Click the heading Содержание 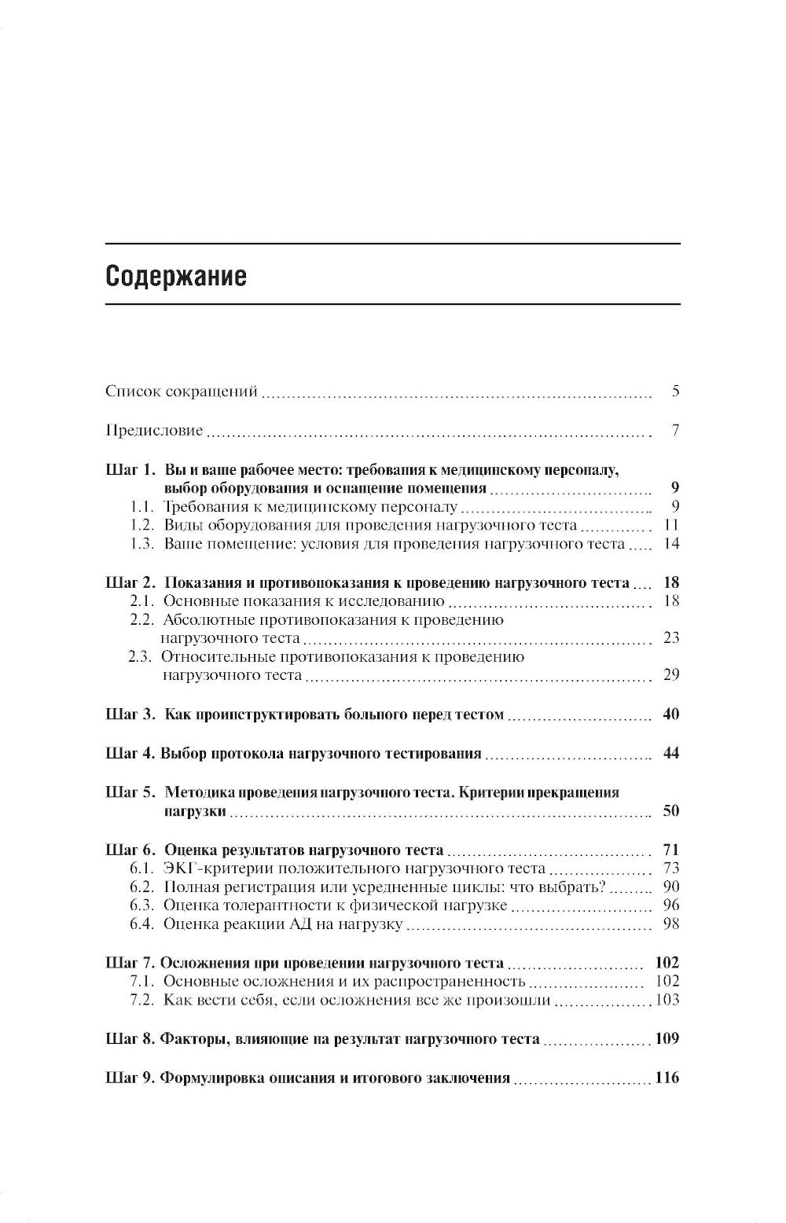point(175,276)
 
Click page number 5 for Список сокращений point(675,391)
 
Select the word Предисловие point(154,431)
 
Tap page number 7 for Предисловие point(675,431)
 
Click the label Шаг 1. point(131,470)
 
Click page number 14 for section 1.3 point(670,544)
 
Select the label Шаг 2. point(131,582)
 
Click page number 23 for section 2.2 point(670,637)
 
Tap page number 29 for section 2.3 point(670,674)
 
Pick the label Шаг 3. point(131,714)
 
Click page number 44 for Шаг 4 point(670,753)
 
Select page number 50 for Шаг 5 point(670,810)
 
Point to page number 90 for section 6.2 point(670,887)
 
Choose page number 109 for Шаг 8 point(666,1039)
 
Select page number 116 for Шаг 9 point(666,1078)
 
